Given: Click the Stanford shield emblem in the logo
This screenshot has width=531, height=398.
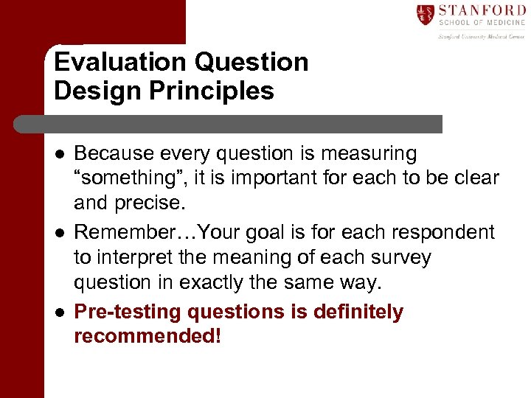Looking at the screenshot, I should (x=426, y=14).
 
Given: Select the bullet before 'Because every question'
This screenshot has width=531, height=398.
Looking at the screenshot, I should (x=60, y=155).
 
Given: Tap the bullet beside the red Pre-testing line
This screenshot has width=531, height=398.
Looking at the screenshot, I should (x=60, y=313).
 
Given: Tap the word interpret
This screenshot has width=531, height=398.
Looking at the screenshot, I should (x=136, y=258).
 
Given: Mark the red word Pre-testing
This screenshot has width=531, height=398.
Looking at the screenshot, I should (x=128, y=313).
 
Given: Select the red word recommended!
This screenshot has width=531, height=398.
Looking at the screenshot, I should (x=147, y=337).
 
